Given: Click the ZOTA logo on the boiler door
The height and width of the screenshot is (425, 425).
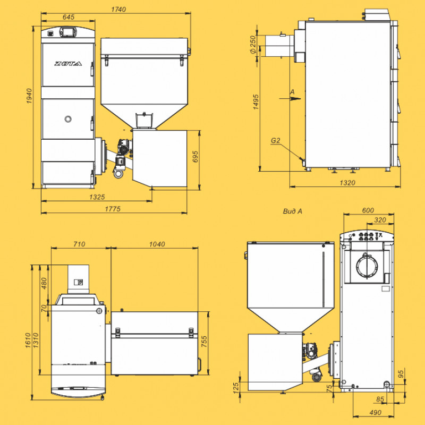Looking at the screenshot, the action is click(68, 64).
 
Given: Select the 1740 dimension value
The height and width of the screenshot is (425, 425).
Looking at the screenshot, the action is click(118, 10).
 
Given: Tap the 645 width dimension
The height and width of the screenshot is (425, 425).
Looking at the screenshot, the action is click(69, 17).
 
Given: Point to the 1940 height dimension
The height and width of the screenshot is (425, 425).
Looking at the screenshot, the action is click(29, 96).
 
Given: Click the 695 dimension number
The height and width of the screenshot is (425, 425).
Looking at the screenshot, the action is click(195, 157).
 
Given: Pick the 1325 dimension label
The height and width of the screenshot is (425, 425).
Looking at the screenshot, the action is click(97, 197).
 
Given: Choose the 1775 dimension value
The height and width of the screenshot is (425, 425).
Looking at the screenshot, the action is click(113, 209).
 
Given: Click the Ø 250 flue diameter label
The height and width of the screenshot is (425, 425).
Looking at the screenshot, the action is click(253, 45).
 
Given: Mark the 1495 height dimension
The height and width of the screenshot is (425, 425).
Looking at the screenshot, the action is click(256, 102).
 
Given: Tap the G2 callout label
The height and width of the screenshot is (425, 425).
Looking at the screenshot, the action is click(275, 140).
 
